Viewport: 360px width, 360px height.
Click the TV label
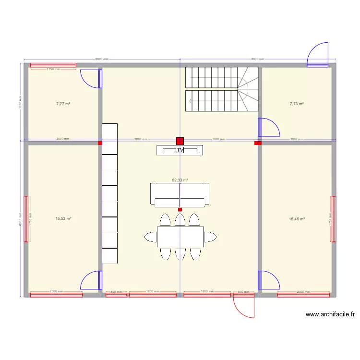[180, 150]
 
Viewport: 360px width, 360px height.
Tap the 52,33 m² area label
[180, 180]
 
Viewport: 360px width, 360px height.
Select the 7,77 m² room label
[63, 103]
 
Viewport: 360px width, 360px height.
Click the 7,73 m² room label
[297, 103]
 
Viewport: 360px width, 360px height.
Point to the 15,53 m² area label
[63, 218]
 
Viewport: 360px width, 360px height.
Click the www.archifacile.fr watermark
[330, 314]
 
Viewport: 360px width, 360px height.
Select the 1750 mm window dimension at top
[53, 69]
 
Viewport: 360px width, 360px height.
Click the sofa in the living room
[180, 194]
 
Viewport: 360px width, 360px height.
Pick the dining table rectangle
[180, 236]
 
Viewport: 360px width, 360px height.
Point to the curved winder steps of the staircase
[248, 89]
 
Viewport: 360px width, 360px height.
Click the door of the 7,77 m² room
[91, 78]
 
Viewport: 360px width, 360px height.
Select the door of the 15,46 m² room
[268, 281]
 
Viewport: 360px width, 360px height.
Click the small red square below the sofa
[180, 209]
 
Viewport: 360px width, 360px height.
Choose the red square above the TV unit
[180, 141]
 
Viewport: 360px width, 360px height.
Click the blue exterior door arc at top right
[318, 54]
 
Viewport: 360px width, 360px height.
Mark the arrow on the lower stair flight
[191, 101]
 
